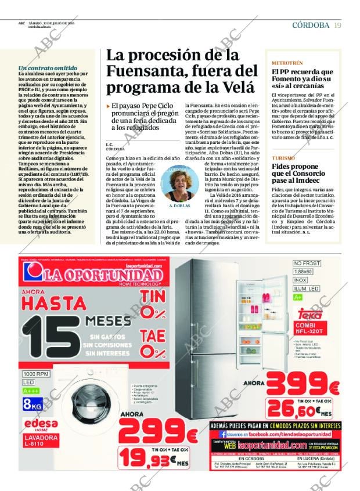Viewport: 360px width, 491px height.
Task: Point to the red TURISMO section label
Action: [x=283, y=158]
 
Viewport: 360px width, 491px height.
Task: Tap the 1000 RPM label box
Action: [x=37, y=374]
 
